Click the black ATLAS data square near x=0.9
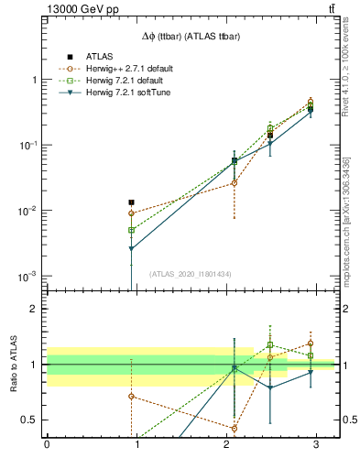click(132, 202)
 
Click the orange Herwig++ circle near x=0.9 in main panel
click(132, 213)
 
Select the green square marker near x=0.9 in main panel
click(132, 230)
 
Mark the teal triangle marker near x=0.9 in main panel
click(132, 249)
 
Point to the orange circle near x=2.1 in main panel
click(235, 183)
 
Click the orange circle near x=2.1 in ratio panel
click(235, 428)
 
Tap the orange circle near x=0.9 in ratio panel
click(132, 397)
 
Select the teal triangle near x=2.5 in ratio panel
click(270, 387)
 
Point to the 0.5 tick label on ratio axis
click(29, 420)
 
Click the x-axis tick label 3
click(315, 449)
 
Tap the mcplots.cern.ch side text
click(351, 220)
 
